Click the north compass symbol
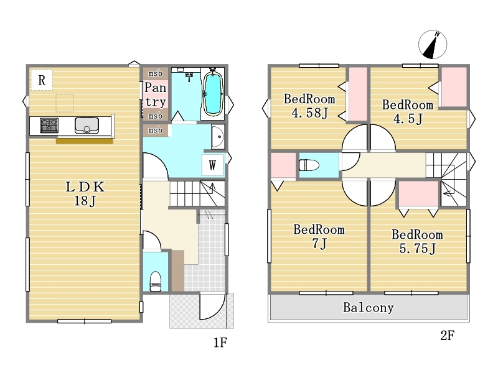click(x=433, y=44)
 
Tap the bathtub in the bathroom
click(x=213, y=94)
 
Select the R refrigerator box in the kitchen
click(x=42, y=80)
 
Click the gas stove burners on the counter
click(x=49, y=125)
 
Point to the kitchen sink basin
click(x=87, y=125)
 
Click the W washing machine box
click(x=212, y=165)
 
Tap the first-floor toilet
click(x=155, y=281)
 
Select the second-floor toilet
click(x=309, y=165)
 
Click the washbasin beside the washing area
click(x=218, y=137)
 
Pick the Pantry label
click(x=155, y=94)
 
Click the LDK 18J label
click(x=85, y=193)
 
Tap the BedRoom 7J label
click(x=319, y=236)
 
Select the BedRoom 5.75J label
click(x=417, y=241)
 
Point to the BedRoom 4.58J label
click(x=309, y=106)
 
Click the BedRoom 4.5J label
click(x=408, y=112)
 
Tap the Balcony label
click(x=369, y=307)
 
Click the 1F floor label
click(x=220, y=343)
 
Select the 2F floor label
click(x=447, y=335)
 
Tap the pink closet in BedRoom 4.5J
click(x=454, y=87)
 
